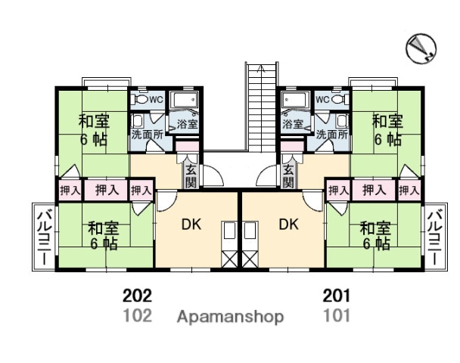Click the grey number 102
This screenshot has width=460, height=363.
pyautogui.click(x=138, y=315)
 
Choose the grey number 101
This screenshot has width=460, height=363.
pyautogui.click(x=336, y=315)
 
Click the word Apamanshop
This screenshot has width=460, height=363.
pyautogui.click(x=230, y=316)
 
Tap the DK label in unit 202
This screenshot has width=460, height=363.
pyautogui.click(x=192, y=224)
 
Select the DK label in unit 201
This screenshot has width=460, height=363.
pyautogui.click(x=288, y=224)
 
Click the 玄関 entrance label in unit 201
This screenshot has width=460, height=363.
pyautogui.click(x=288, y=176)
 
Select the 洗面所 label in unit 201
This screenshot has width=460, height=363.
pyautogui.click(x=332, y=134)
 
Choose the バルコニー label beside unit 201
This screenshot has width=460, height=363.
pyautogui.click(x=435, y=237)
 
